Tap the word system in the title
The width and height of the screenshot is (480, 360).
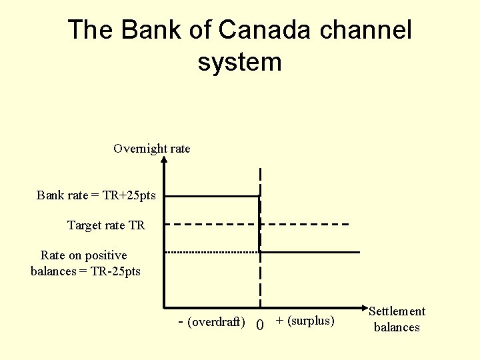(240, 62)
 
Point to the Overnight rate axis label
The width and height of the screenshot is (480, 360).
(152, 149)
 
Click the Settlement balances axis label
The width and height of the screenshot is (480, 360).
(397, 319)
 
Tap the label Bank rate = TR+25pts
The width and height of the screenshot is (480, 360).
(96, 195)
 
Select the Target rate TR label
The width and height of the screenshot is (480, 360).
(106, 225)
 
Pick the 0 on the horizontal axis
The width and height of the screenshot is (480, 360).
(260, 325)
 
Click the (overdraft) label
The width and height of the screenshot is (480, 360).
(216, 322)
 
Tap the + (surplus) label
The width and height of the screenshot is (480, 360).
(305, 321)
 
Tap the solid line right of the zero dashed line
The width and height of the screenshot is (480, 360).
(310, 252)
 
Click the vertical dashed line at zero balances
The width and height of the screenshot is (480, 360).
(260, 280)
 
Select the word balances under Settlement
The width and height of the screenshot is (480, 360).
(397, 327)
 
